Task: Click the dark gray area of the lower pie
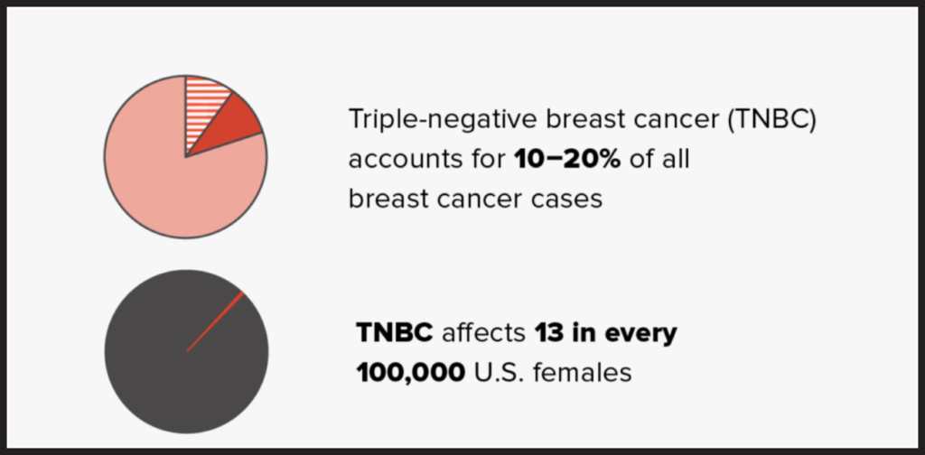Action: point(163,379)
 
